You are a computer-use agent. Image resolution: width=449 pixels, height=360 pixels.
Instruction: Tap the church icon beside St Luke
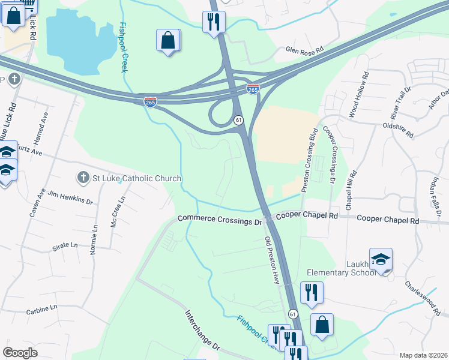pos(83,178)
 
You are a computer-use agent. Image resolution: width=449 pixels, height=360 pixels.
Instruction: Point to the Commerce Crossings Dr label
pos(220,220)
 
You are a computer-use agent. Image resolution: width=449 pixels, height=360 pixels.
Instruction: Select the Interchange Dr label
pos(203,330)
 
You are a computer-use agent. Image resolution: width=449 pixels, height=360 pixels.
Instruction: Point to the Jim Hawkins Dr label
pos(70,199)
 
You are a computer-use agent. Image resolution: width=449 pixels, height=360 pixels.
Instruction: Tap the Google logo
pos(20,353)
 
